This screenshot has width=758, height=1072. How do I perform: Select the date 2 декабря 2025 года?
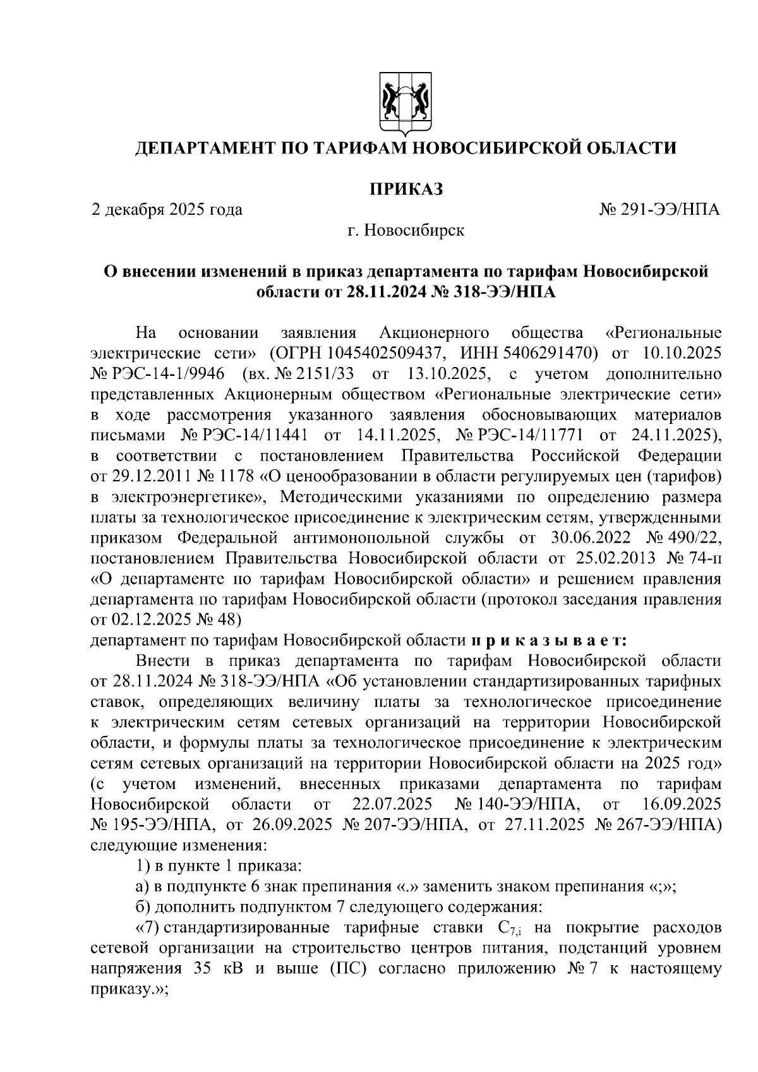pyautogui.click(x=167, y=209)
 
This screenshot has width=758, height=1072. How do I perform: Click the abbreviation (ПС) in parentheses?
pyautogui.click(x=349, y=970)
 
